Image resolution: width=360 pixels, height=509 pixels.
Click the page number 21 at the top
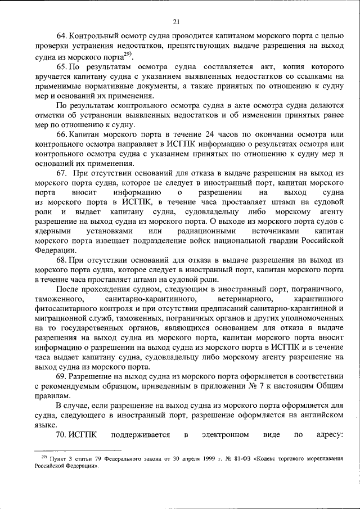pyautogui.click(x=176, y=22)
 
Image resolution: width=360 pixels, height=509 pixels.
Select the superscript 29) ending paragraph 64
pyautogui.click(x=128, y=54)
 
